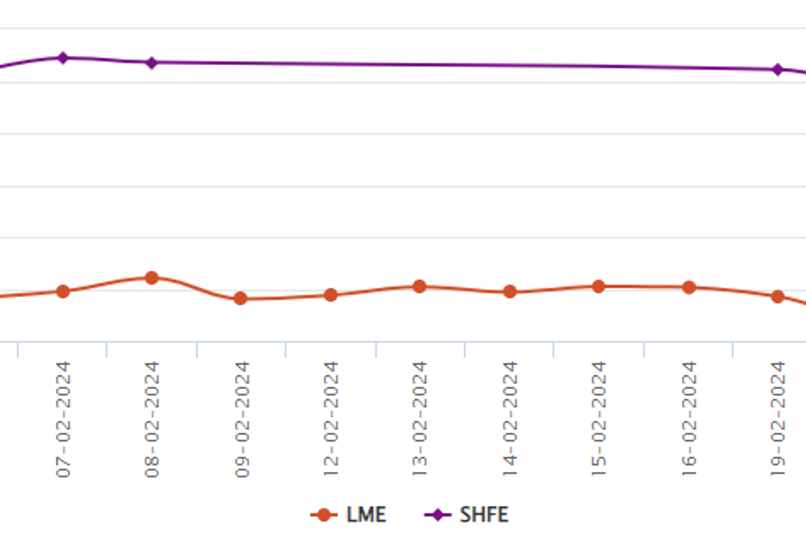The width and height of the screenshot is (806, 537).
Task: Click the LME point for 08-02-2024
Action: (x=152, y=278)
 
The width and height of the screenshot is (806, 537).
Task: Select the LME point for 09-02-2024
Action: (x=240, y=299)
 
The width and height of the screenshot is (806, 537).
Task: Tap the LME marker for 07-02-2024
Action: (x=63, y=291)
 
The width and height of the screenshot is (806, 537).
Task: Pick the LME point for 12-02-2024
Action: (x=330, y=295)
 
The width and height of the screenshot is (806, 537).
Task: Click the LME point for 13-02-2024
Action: (x=420, y=287)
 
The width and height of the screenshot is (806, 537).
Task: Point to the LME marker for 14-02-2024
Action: (x=510, y=292)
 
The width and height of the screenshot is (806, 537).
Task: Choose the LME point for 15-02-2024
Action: (x=598, y=287)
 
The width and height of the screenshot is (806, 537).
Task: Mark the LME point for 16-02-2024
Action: (x=689, y=287)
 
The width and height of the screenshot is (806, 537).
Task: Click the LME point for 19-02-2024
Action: (x=778, y=297)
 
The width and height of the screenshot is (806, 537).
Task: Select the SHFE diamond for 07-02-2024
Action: (x=63, y=58)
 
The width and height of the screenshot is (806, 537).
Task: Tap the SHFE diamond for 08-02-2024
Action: (x=152, y=62)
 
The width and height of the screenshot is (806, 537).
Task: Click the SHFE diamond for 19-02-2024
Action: (x=778, y=69)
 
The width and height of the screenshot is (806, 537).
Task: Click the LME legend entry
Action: (x=349, y=515)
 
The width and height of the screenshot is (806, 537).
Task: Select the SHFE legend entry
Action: (x=467, y=515)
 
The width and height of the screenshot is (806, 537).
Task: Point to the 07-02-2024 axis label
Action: (x=63, y=420)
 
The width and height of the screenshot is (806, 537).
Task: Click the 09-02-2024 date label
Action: (x=242, y=420)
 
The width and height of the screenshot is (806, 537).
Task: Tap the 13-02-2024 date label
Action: (x=420, y=420)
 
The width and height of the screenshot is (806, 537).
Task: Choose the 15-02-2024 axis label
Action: (x=598, y=420)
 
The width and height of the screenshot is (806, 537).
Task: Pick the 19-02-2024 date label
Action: (x=777, y=420)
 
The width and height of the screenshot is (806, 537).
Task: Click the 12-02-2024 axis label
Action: (x=330, y=420)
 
